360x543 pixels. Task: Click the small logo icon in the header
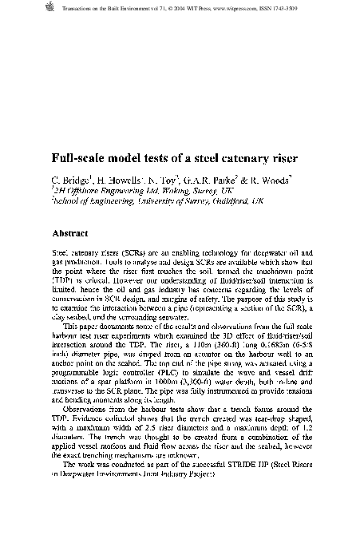click(54, 8)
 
